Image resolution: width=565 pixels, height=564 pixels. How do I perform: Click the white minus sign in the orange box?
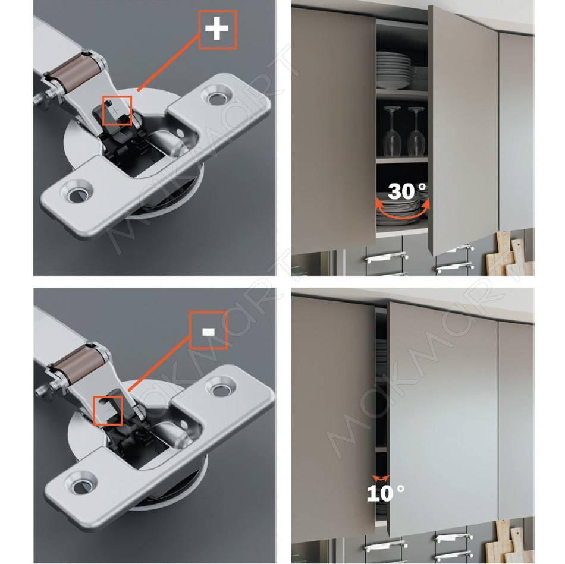209,332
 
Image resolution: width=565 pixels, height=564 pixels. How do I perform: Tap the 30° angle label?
407,191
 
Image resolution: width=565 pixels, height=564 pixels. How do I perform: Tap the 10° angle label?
385,493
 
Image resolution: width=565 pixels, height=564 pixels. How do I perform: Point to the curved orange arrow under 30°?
402,216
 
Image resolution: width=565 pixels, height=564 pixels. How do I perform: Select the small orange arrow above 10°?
381,478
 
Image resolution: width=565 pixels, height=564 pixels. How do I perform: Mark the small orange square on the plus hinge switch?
117,111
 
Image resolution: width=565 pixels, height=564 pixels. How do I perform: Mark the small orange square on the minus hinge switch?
108,410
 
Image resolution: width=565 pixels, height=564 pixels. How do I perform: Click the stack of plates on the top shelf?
393,71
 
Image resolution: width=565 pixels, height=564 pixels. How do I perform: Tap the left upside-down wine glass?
392,131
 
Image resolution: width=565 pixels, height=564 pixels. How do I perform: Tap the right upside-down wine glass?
416,131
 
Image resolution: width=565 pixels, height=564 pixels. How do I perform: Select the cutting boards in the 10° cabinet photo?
508,541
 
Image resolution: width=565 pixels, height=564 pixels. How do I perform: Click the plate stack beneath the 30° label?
400,213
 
